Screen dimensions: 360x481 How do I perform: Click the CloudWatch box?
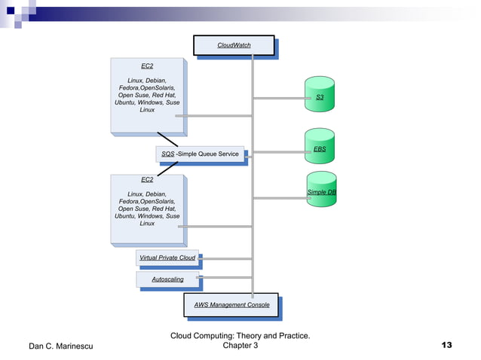coord(234,45)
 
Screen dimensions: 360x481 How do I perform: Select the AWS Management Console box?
coord(231,305)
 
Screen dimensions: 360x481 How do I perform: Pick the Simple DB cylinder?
coord(321,193)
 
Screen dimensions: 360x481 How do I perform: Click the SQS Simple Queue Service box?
coord(200,154)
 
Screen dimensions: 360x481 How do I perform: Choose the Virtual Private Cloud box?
coord(167,258)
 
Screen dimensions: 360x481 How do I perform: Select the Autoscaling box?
coord(167,279)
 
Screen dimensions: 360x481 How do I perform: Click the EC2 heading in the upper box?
coord(147,66)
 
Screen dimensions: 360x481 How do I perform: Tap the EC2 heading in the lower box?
coord(147,180)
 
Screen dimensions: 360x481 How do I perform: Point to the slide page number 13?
coord(446,345)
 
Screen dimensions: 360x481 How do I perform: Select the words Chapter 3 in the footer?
coord(240,346)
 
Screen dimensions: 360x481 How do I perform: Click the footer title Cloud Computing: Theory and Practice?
coord(240,335)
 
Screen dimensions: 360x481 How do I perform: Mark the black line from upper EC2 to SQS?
coord(167,139)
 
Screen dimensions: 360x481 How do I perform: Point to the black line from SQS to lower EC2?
coord(167,168)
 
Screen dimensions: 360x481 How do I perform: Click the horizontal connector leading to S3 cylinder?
coord(279,98)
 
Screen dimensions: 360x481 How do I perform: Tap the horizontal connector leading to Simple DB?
coord(279,198)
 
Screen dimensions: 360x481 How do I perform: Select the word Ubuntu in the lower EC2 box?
coord(127,216)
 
